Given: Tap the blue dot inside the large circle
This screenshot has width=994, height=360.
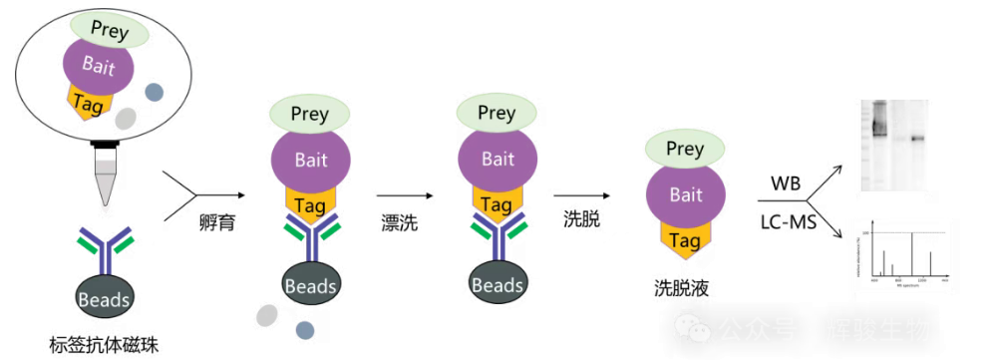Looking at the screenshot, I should pos(155,92).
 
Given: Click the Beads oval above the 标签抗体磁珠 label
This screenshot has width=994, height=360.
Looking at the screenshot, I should pos(104,296).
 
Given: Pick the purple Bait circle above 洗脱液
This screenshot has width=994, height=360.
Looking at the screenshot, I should pos(685,195).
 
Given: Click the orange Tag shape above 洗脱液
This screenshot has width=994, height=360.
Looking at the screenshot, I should pos(685,239).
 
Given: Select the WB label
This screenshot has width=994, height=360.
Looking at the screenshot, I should pos(786,183).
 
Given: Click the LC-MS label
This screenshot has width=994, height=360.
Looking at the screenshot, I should pos(787,222).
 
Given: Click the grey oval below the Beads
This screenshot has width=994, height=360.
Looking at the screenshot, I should pos(266,315).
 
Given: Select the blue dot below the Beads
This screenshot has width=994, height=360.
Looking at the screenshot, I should pos(304,329).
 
